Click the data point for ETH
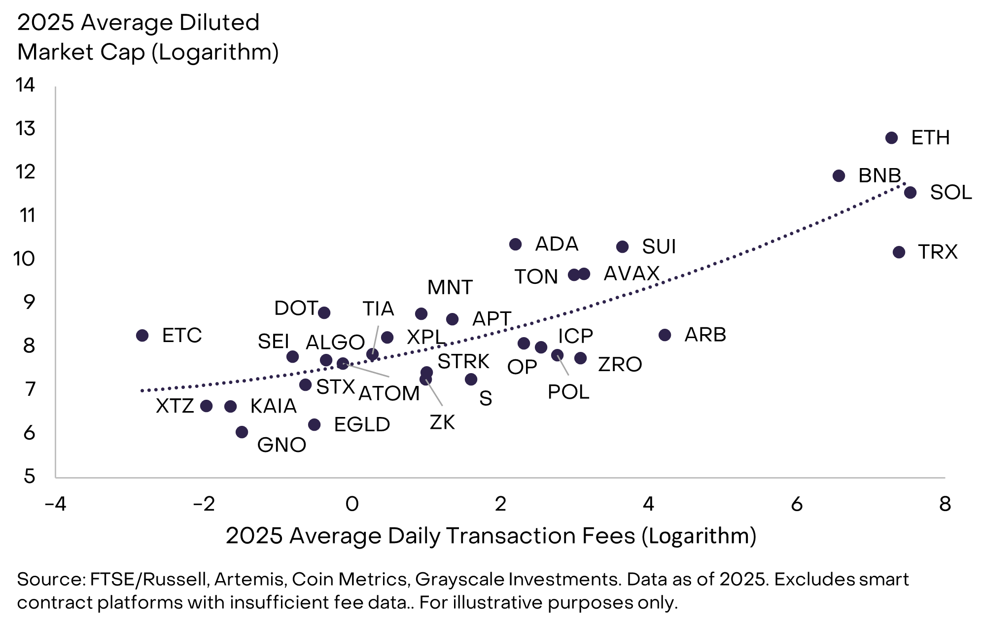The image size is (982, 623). (x=891, y=138)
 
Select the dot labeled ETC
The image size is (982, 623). (x=142, y=336)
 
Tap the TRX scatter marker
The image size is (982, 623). (x=899, y=252)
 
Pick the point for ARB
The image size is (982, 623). (x=665, y=335)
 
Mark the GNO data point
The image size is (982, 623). (x=242, y=432)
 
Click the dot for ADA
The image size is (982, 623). (x=516, y=244)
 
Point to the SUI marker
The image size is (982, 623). (x=623, y=246)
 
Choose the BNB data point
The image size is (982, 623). (x=839, y=176)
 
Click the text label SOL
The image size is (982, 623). (x=950, y=192)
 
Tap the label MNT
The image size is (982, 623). (x=450, y=287)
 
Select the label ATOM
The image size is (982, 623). (x=389, y=393)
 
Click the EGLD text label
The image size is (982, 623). (x=362, y=424)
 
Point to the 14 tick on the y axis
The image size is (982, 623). (x=26, y=85)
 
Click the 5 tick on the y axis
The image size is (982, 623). (x=30, y=476)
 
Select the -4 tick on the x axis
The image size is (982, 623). (x=55, y=504)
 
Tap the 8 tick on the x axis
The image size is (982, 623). (x=945, y=504)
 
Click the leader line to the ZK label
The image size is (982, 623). (x=434, y=393)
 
